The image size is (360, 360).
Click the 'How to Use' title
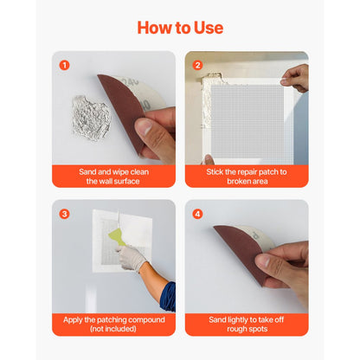pos(179,28)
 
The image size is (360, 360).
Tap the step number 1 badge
pos(64,65)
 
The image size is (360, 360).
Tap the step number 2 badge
pos(197,65)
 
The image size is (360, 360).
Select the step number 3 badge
pos(64,214)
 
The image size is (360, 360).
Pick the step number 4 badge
pos(197,214)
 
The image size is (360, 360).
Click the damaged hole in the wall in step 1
pos(90,115)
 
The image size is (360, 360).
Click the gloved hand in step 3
pos(132,259)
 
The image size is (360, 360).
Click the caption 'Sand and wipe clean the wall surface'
pos(112,177)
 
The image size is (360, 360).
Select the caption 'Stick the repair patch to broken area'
pos(246,177)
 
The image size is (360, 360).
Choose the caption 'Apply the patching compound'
pos(112,319)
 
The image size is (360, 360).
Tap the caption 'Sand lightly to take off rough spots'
pos(246,325)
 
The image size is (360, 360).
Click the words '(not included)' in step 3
pos(112,330)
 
